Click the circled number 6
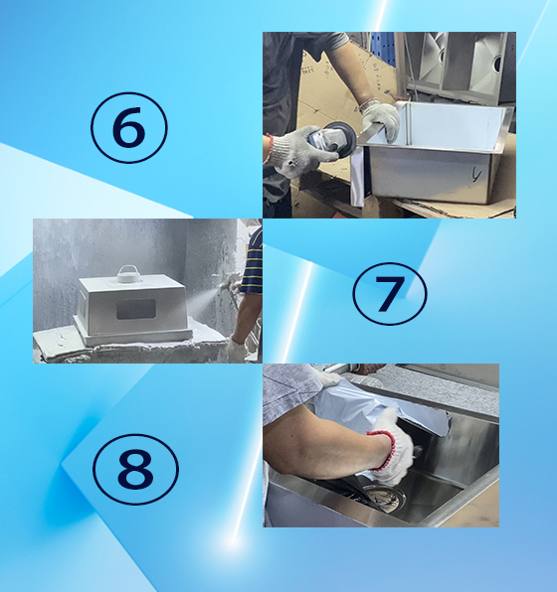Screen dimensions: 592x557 128,127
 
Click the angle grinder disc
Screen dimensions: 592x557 339,136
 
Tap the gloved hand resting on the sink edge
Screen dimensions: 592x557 380,119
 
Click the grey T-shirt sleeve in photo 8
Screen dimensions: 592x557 288,382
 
